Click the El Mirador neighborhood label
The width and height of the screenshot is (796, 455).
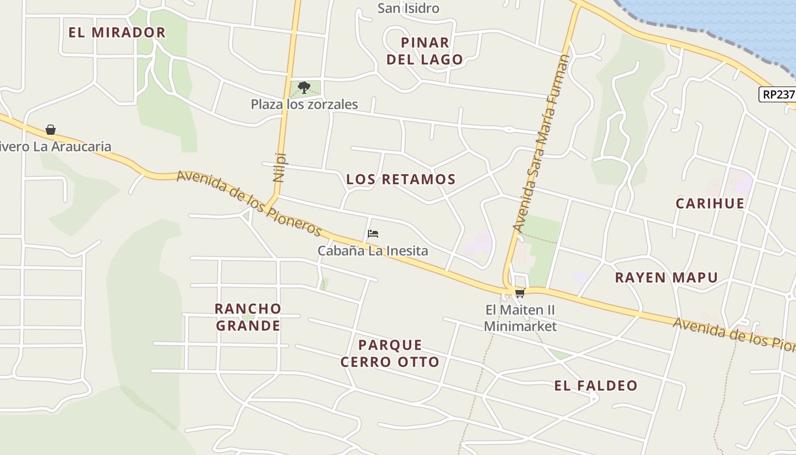point(117,32)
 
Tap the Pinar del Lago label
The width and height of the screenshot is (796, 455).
point(425,51)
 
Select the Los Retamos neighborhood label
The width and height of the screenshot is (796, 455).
point(401,180)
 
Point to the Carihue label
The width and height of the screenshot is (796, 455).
point(710,204)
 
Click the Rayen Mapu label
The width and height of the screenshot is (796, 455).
point(666,278)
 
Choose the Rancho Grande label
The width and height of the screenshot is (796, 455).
point(248,317)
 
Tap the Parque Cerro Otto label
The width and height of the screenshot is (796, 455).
point(390,353)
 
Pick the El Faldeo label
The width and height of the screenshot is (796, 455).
point(596,386)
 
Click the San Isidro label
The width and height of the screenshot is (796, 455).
point(408,9)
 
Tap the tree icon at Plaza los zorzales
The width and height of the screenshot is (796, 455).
point(304,88)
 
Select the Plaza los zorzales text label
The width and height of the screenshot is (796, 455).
point(304,105)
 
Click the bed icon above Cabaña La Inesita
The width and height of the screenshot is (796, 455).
point(373,234)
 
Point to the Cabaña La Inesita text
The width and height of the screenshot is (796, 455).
point(372,251)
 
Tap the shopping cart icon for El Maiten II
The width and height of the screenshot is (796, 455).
point(520,293)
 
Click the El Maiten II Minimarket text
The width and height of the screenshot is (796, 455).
point(520,318)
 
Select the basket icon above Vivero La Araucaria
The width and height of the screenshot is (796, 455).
point(51,130)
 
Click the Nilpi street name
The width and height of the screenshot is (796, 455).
point(279,167)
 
